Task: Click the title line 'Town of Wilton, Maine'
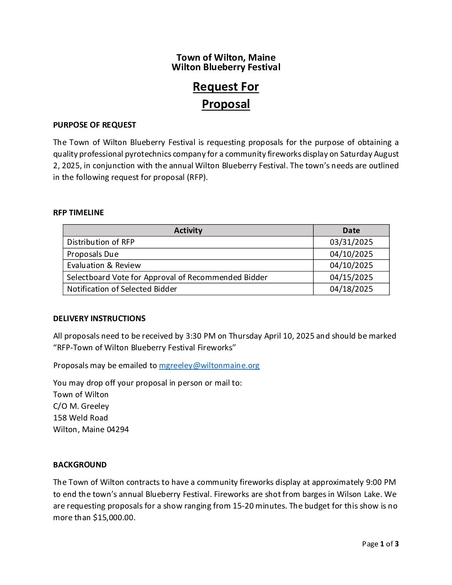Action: pos(226,58)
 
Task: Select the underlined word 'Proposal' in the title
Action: pos(226,104)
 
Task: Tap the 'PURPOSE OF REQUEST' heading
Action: pos(95,125)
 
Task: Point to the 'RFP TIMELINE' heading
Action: pos(79,213)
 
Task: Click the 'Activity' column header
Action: pos(188,231)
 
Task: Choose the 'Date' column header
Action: pos(351,231)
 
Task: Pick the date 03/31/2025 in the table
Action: pos(351,242)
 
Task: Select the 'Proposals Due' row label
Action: pos(93,254)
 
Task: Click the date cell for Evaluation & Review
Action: pos(351,265)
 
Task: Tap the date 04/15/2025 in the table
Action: pos(351,277)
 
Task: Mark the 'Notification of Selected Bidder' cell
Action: pos(122,289)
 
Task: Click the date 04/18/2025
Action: pos(351,289)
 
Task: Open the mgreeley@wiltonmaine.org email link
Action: pos(209,366)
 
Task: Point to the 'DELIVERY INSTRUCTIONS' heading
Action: pos(99,319)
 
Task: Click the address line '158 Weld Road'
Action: pos(81,418)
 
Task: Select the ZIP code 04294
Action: pos(118,430)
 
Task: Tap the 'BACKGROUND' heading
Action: pos(80,465)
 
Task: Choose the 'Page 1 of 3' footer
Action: pos(380,544)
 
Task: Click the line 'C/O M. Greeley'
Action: pos(81,406)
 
